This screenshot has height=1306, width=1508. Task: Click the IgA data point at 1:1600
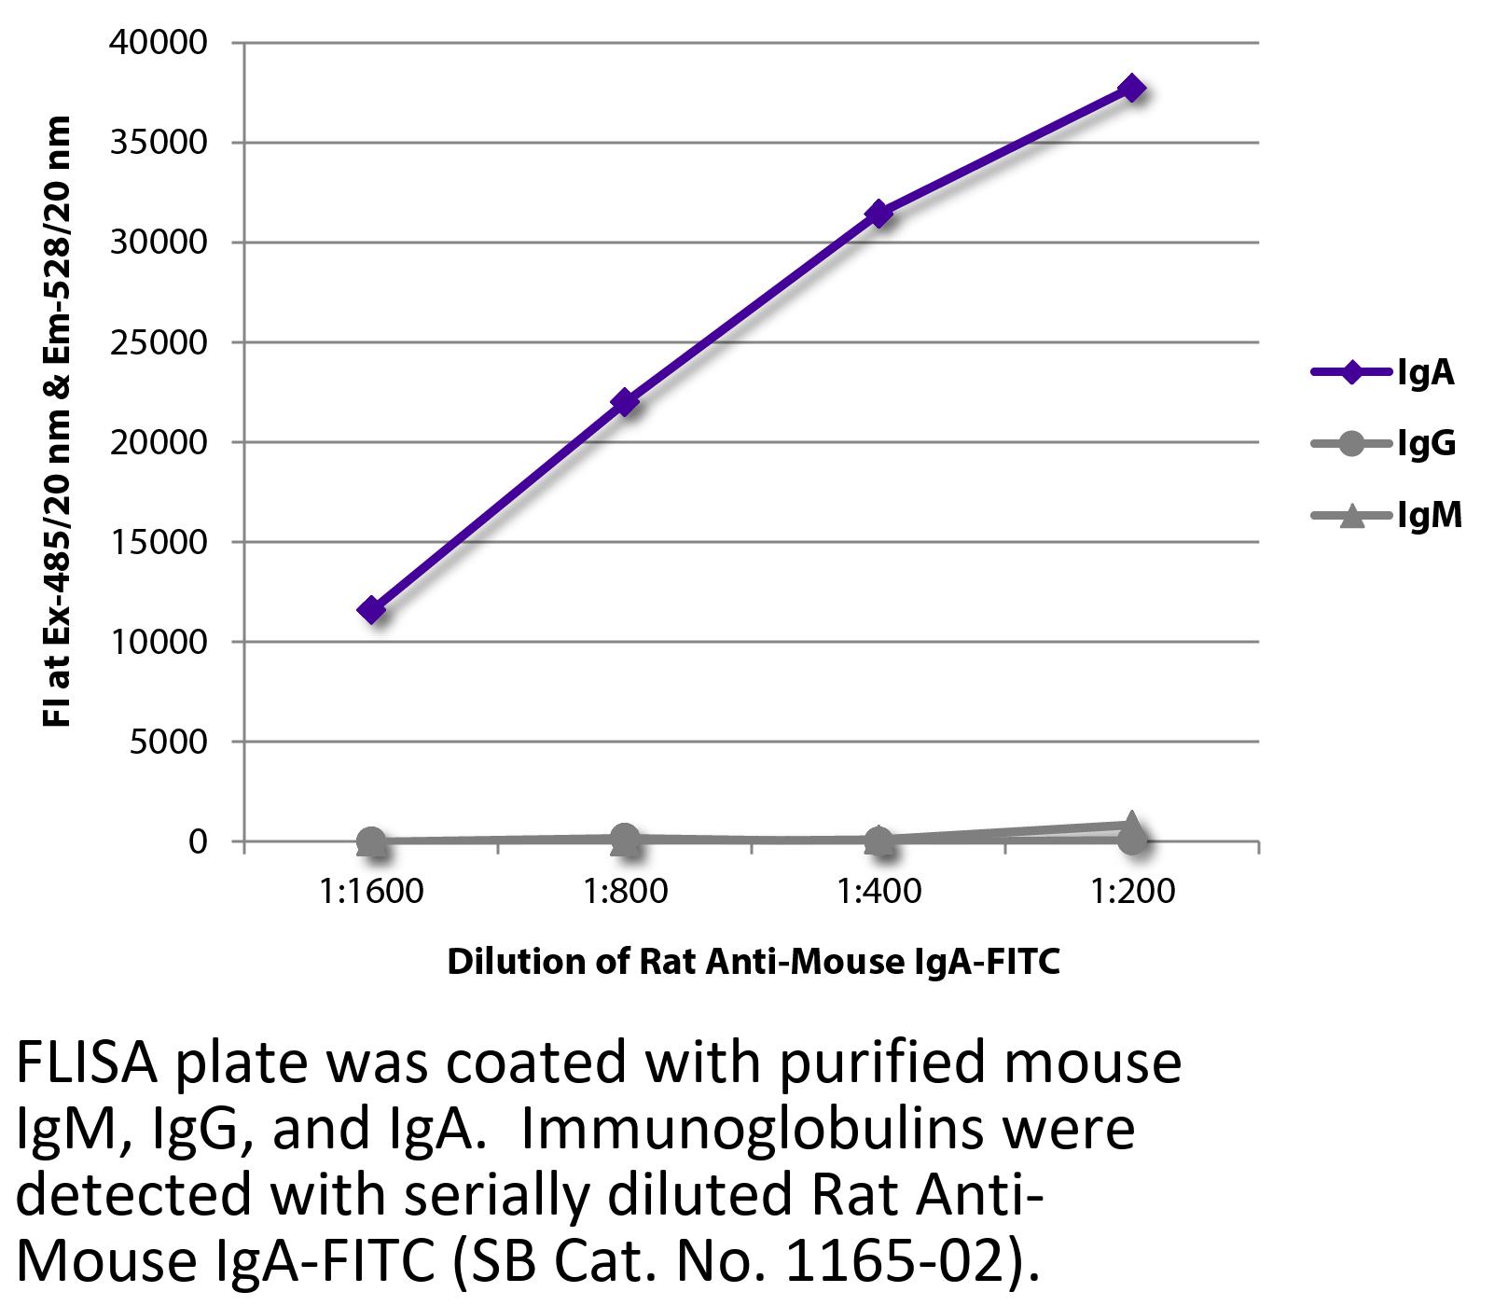point(371,610)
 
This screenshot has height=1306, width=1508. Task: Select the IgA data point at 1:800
point(625,402)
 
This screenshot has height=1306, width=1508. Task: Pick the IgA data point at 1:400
point(879,214)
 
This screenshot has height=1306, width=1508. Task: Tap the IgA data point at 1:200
point(1132,89)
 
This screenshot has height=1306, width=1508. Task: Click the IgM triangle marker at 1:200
point(1131,825)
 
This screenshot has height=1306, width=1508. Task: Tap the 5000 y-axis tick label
point(172,742)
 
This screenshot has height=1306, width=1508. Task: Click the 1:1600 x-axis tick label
point(371,892)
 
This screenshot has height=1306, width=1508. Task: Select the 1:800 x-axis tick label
point(625,892)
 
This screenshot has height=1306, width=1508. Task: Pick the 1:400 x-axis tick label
point(879,892)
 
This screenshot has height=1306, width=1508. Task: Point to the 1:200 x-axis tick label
point(1132,892)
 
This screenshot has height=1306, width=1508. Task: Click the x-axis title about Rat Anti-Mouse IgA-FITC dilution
point(754,961)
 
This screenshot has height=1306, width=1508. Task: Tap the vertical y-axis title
point(58,422)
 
